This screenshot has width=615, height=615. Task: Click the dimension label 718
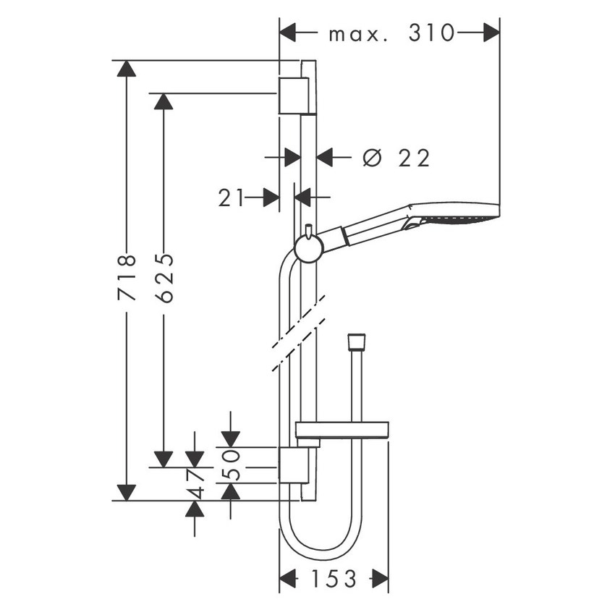pyautogui.click(x=127, y=277)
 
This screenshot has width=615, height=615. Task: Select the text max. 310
pyautogui.click(x=391, y=33)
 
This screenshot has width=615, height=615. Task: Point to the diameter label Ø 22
pyautogui.click(x=396, y=157)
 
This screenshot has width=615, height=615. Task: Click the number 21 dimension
pyautogui.click(x=232, y=197)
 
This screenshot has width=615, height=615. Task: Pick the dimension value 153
pyautogui.click(x=335, y=579)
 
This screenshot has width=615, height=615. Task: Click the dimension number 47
pyautogui.click(x=195, y=483)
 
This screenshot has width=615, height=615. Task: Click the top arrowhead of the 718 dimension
pyautogui.click(x=127, y=69)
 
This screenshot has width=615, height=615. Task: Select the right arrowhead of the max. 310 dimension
pyautogui.click(x=491, y=33)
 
